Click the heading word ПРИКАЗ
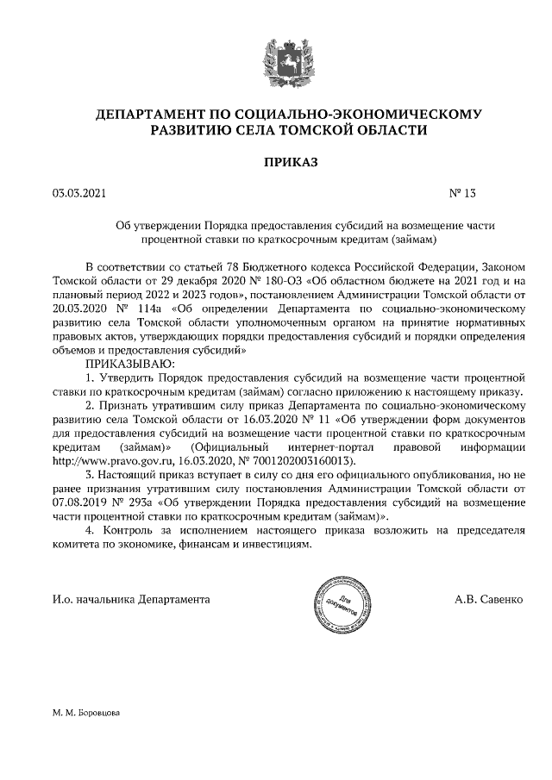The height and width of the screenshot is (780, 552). click(x=278, y=162)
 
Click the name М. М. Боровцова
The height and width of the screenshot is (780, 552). click(x=86, y=714)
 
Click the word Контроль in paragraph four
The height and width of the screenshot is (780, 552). click(x=128, y=530)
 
